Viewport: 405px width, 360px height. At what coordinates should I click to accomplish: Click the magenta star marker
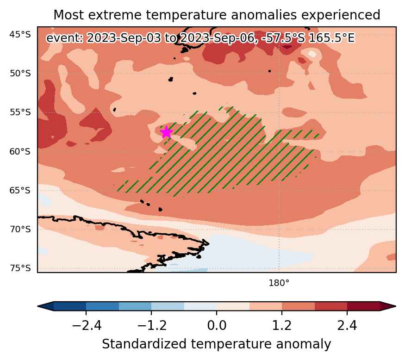pos(166,132)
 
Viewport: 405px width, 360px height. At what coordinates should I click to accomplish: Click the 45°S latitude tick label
pos(20,34)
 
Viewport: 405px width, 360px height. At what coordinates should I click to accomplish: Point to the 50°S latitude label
pos(20,74)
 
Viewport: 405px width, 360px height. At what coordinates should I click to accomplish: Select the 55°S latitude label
pos(20,112)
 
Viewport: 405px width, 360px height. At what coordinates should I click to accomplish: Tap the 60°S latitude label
pos(20,151)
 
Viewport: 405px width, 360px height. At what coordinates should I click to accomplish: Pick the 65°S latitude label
pos(20,190)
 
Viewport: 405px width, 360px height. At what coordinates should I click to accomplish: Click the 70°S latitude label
pos(20,230)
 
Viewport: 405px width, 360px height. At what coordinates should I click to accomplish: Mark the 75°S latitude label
pos(20,268)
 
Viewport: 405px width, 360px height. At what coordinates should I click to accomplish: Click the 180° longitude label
pos(279,283)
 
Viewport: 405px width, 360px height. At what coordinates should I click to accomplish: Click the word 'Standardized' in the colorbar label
pos(144,344)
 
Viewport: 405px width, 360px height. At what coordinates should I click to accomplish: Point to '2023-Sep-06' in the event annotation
pos(217,38)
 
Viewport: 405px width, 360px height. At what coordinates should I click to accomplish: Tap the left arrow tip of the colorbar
pos(38,306)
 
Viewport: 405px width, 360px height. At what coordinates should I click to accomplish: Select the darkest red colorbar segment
pos(363,306)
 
